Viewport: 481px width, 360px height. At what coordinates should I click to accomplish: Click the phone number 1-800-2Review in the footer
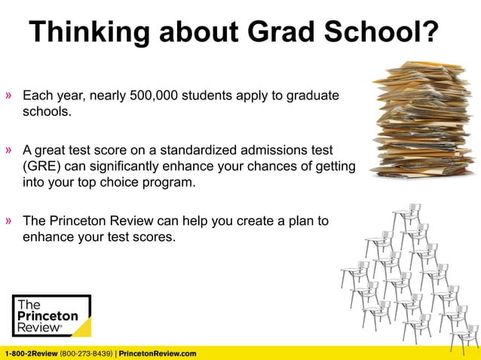tap(30, 353)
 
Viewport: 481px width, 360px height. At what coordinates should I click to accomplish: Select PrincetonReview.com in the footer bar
tap(158, 353)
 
